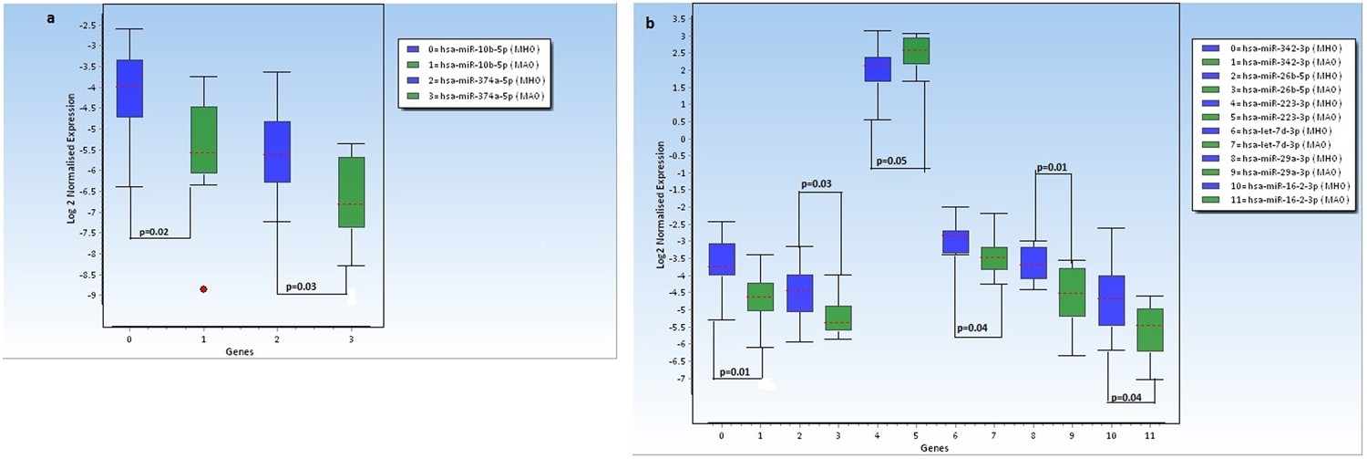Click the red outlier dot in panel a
point(203,289)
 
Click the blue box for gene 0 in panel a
point(129,89)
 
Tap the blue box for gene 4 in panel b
point(878,69)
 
